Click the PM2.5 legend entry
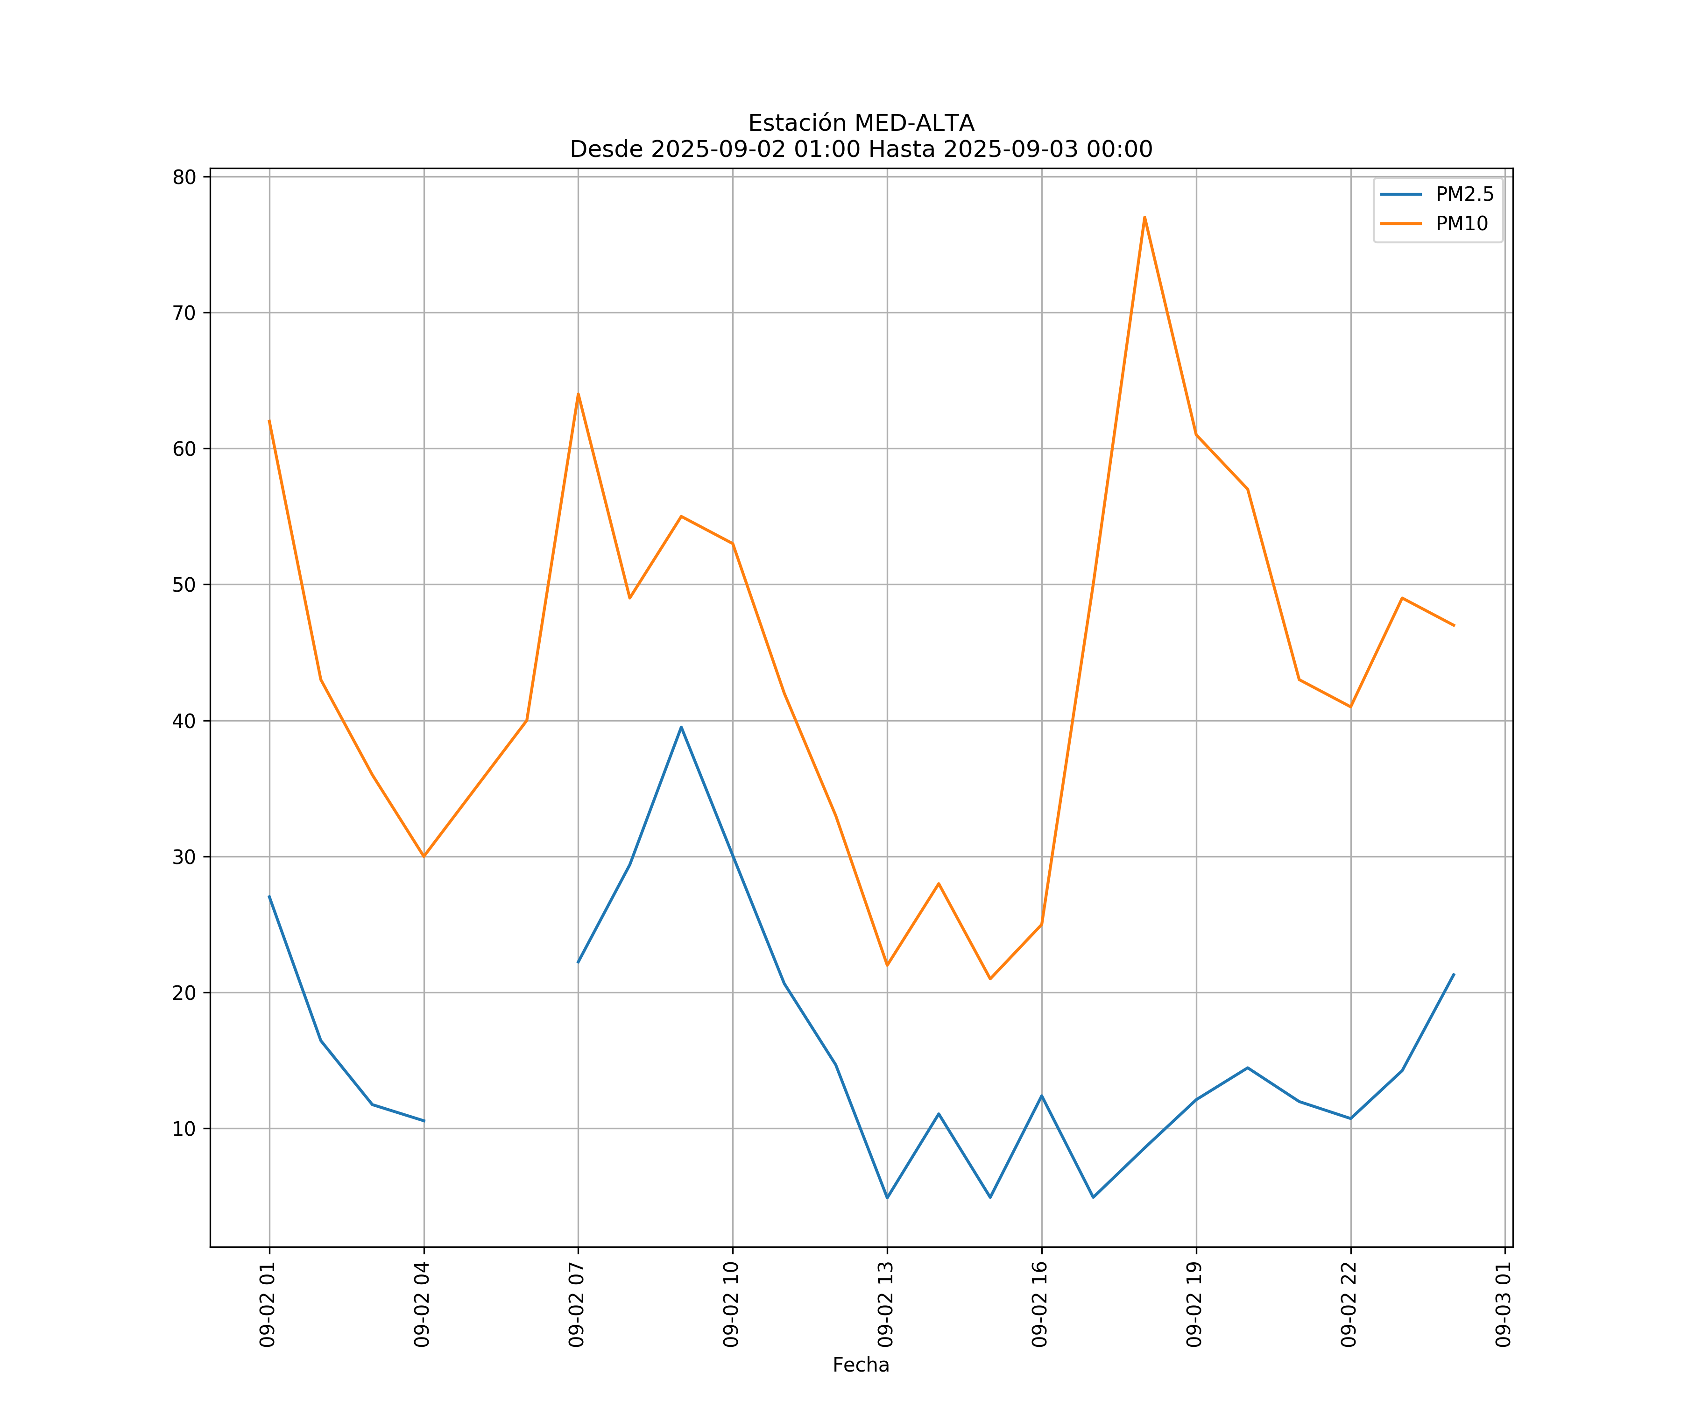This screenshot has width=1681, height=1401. [1464, 195]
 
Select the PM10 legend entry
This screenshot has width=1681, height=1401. [1462, 224]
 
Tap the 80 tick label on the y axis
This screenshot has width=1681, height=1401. [184, 177]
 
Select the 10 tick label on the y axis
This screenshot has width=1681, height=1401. [184, 1129]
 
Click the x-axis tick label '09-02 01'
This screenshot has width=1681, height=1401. [268, 1304]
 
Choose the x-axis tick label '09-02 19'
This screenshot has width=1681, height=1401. [1194, 1304]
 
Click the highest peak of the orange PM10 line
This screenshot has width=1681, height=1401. [1144, 217]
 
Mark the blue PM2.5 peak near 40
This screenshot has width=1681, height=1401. [681, 727]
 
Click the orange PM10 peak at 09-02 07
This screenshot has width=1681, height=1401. [578, 394]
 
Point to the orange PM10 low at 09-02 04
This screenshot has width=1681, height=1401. [424, 856]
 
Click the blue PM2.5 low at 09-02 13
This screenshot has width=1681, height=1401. [887, 1198]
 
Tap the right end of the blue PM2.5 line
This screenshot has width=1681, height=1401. [1454, 974]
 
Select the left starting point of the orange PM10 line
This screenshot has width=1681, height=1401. [269, 421]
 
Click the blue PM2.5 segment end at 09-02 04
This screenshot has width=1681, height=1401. [424, 1121]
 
